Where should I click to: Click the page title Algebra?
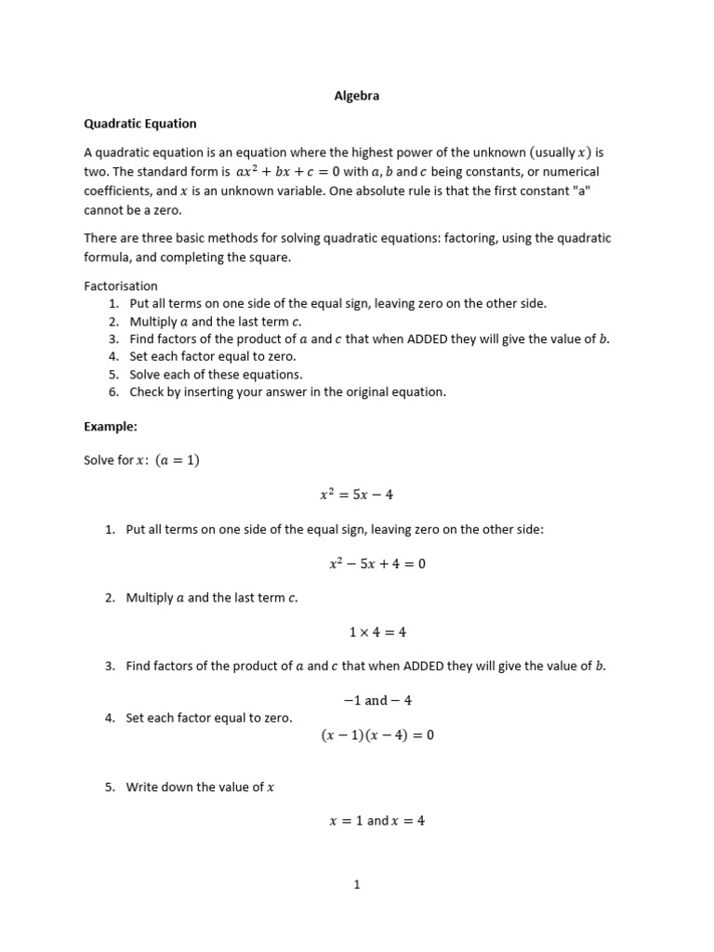[x=356, y=95]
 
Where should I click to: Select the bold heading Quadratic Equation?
[x=140, y=123]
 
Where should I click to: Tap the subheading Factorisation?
[x=121, y=286]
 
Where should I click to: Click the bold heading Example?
[x=111, y=426]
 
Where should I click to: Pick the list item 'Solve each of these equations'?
[x=216, y=375]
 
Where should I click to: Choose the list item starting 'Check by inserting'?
[x=287, y=392]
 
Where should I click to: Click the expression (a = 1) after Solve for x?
[x=178, y=460]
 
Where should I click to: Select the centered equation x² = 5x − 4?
[x=356, y=495]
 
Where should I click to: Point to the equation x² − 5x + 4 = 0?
[x=377, y=564]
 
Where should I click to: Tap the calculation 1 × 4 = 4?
[x=377, y=632]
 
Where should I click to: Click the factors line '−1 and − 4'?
[x=377, y=701]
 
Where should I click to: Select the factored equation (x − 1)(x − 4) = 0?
[x=377, y=735]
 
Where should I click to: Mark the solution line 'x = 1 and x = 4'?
[x=377, y=822]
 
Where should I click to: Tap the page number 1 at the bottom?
[x=356, y=885]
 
